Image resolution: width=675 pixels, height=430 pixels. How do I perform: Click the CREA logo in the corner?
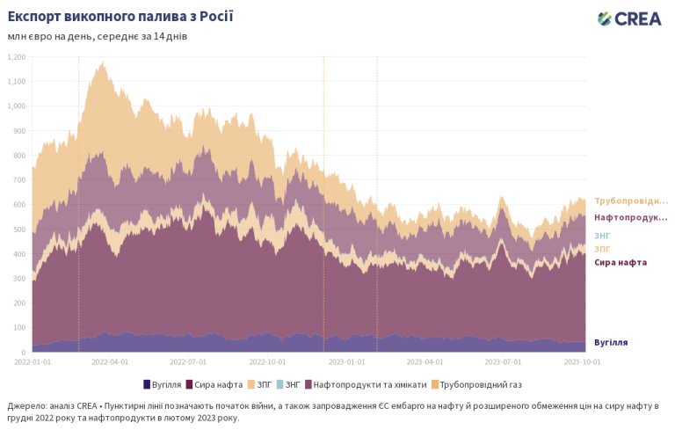tap(629, 18)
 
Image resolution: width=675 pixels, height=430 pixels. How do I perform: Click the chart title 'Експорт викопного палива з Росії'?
tap(120, 17)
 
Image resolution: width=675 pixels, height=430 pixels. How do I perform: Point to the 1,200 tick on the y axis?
tap(16, 57)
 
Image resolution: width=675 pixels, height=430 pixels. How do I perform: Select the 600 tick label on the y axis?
tap(18, 205)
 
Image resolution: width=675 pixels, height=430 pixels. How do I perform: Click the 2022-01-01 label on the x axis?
tap(33, 361)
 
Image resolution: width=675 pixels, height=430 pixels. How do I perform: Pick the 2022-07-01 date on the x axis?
tap(189, 361)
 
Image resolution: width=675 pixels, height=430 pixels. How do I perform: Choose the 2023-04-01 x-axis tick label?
tap(425, 361)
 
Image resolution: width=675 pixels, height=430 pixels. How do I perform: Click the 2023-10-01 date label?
tap(583, 361)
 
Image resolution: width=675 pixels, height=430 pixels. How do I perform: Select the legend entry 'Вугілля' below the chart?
tap(163, 384)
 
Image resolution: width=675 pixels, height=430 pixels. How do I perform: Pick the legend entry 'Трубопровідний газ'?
tap(481, 384)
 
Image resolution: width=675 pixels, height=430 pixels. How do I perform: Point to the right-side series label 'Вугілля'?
tap(611, 342)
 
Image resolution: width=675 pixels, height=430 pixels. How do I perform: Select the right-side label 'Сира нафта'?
tap(621, 262)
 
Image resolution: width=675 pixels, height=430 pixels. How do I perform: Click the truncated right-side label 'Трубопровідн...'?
tap(630, 201)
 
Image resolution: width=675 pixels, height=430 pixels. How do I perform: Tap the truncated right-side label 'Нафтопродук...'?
tap(630, 217)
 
